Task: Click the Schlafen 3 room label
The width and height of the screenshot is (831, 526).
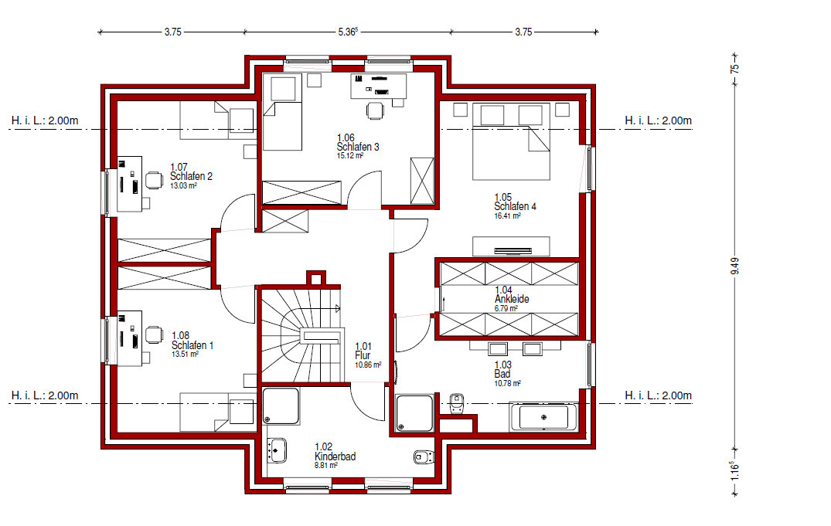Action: [x=358, y=147]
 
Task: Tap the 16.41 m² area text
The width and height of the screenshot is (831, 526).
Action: [x=507, y=216]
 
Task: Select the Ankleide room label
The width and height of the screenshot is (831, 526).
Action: [x=512, y=299]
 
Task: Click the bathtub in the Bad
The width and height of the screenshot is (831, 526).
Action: [x=543, y=417]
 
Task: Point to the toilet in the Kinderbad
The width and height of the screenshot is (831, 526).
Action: [x=424, y=456]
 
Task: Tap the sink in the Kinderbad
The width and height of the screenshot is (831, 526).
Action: [x=277, y=450]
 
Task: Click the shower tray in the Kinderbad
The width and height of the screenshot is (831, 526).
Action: [x=281, y=406]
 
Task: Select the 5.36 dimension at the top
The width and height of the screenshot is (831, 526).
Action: [x=348, y=32]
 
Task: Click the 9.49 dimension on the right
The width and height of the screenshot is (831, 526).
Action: [x=734, y=266]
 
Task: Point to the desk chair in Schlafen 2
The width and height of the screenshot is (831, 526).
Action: [x=155, y=180]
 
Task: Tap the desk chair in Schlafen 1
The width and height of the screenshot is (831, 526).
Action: [x=154, y=334]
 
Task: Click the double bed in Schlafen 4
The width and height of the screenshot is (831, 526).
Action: [x=512, y=141]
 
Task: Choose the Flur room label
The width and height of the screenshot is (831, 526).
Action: [x=363, y=355]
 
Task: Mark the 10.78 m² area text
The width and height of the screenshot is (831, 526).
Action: [x=508, y=383]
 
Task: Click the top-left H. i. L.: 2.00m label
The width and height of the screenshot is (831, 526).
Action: [x=45, y=120]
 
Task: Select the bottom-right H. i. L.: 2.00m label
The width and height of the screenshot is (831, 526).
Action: [x=658, y=395]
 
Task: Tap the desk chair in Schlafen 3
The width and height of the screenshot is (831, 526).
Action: [x=375, y=110]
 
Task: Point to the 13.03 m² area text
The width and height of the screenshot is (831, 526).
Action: [x=183, y=186]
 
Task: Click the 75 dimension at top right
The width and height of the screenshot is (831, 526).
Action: [x=734, y=69]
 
